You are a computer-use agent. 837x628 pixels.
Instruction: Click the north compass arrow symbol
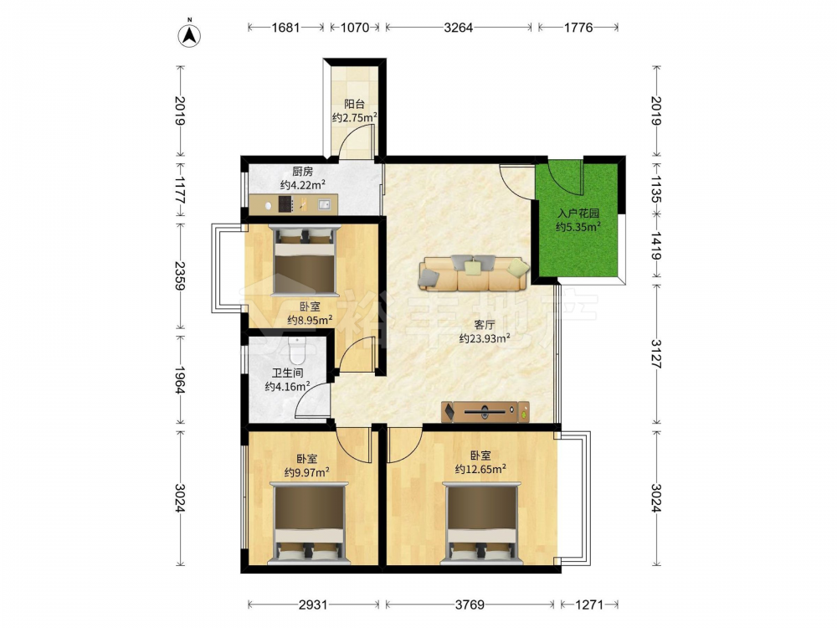(189, 35)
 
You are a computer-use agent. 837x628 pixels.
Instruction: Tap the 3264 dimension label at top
(458, 28)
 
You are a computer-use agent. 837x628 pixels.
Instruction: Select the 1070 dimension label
(354, 28)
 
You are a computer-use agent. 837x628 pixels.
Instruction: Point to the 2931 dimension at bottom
(313, 605)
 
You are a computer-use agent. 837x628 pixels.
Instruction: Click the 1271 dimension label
(588, 605)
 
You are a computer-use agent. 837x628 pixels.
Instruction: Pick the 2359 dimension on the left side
(179, 275)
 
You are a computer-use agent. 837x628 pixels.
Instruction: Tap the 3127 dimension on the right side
(656, 354)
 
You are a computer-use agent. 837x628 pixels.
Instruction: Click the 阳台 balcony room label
(354, 104)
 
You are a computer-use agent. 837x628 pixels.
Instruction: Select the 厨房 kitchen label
(303, 172)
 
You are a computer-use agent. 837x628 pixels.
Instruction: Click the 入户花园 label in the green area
(578, 213)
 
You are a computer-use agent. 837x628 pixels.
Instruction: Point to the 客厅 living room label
(484, 325)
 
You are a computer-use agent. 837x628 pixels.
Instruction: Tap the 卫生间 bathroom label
(288, 373)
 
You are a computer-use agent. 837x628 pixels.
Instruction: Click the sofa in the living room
(474, 272)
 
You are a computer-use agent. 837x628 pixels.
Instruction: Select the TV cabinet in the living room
(485, 412)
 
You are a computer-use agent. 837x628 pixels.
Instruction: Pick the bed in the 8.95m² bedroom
(305, 260)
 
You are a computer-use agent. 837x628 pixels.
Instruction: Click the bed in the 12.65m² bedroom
(481, 523)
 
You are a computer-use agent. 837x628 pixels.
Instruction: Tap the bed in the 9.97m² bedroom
(309, 523)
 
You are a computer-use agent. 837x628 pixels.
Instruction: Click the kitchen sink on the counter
(324, 203)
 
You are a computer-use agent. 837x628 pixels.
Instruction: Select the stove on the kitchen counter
(285, 203)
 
